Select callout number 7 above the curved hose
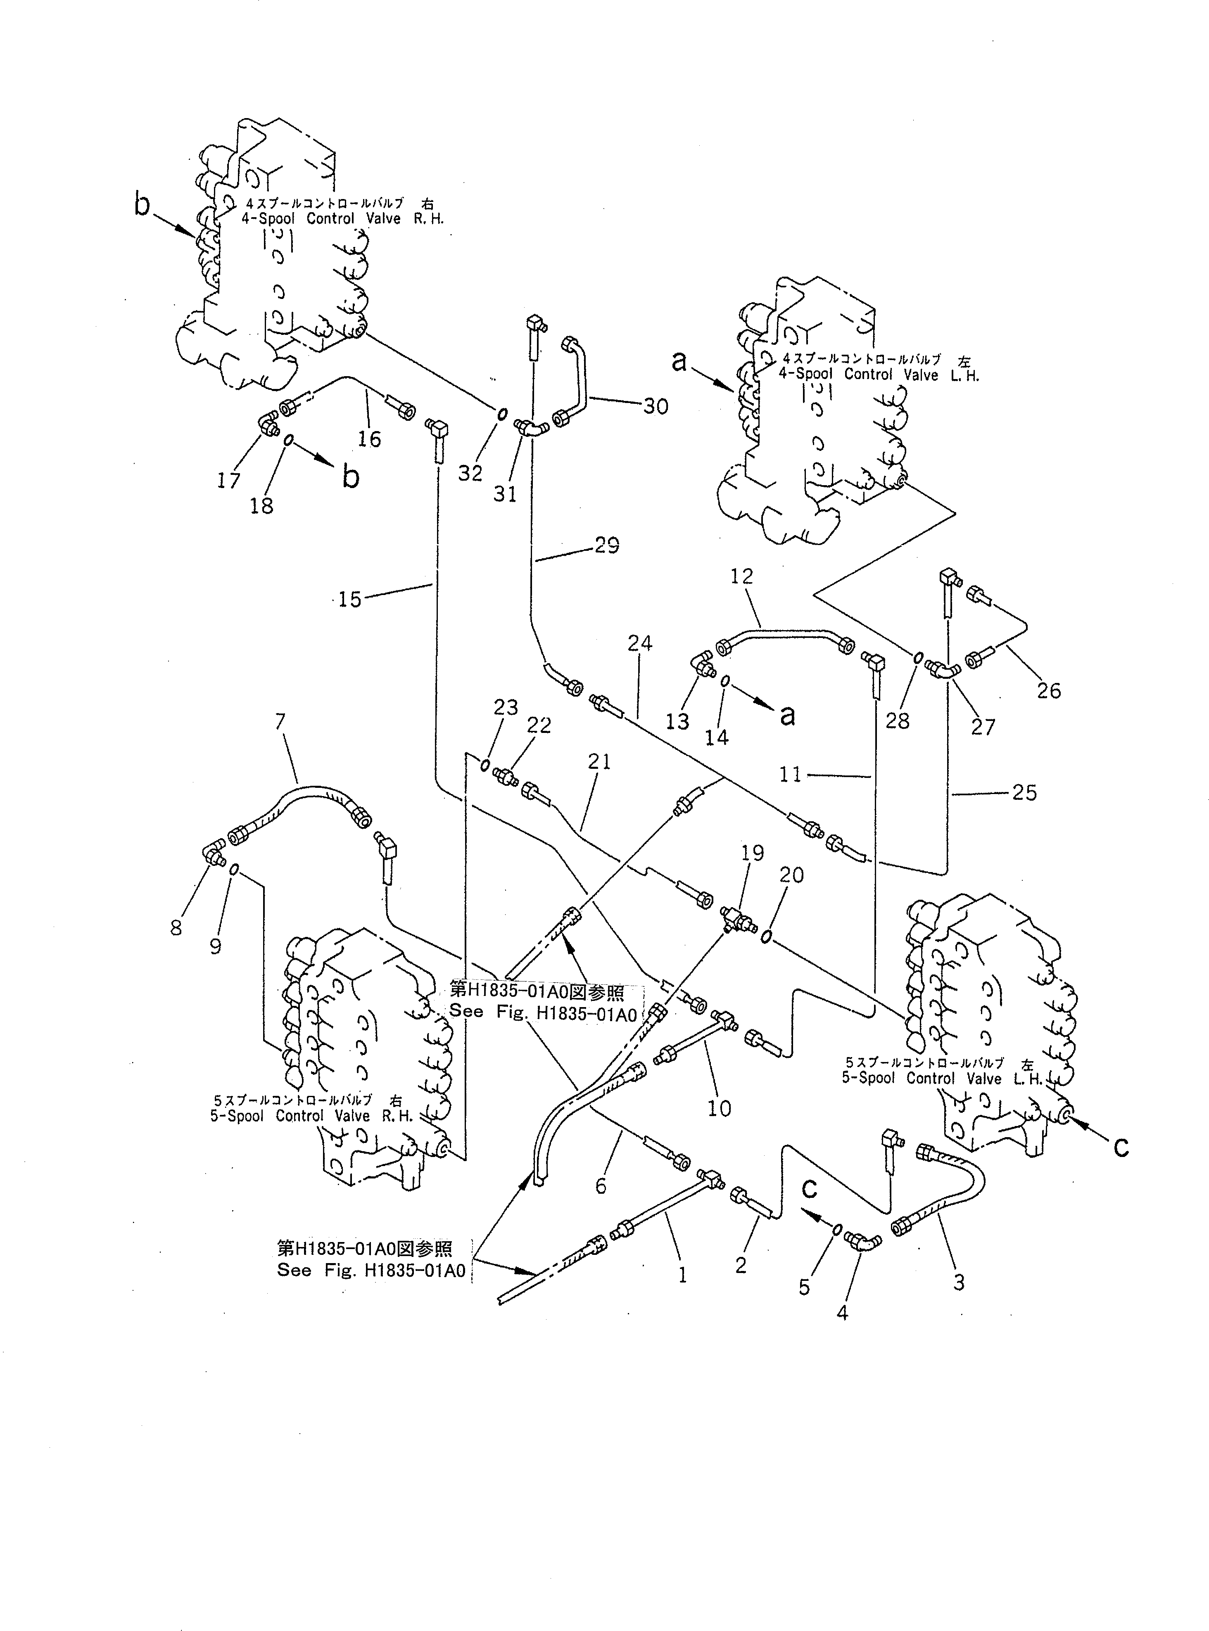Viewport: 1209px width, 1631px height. [x=280, y=723]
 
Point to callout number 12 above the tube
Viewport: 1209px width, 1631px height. [x=741, y=576]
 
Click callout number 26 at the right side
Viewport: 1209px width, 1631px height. [x=1048, y=690]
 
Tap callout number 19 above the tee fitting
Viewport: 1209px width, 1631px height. [x=752, y=853]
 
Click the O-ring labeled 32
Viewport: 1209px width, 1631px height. [x=501, y=415]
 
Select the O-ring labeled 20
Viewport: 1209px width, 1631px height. [x=765, y=937]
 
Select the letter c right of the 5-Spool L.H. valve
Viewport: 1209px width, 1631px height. [x=1121, y=1147]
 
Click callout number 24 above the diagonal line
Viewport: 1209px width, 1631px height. [x=639, y=644]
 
